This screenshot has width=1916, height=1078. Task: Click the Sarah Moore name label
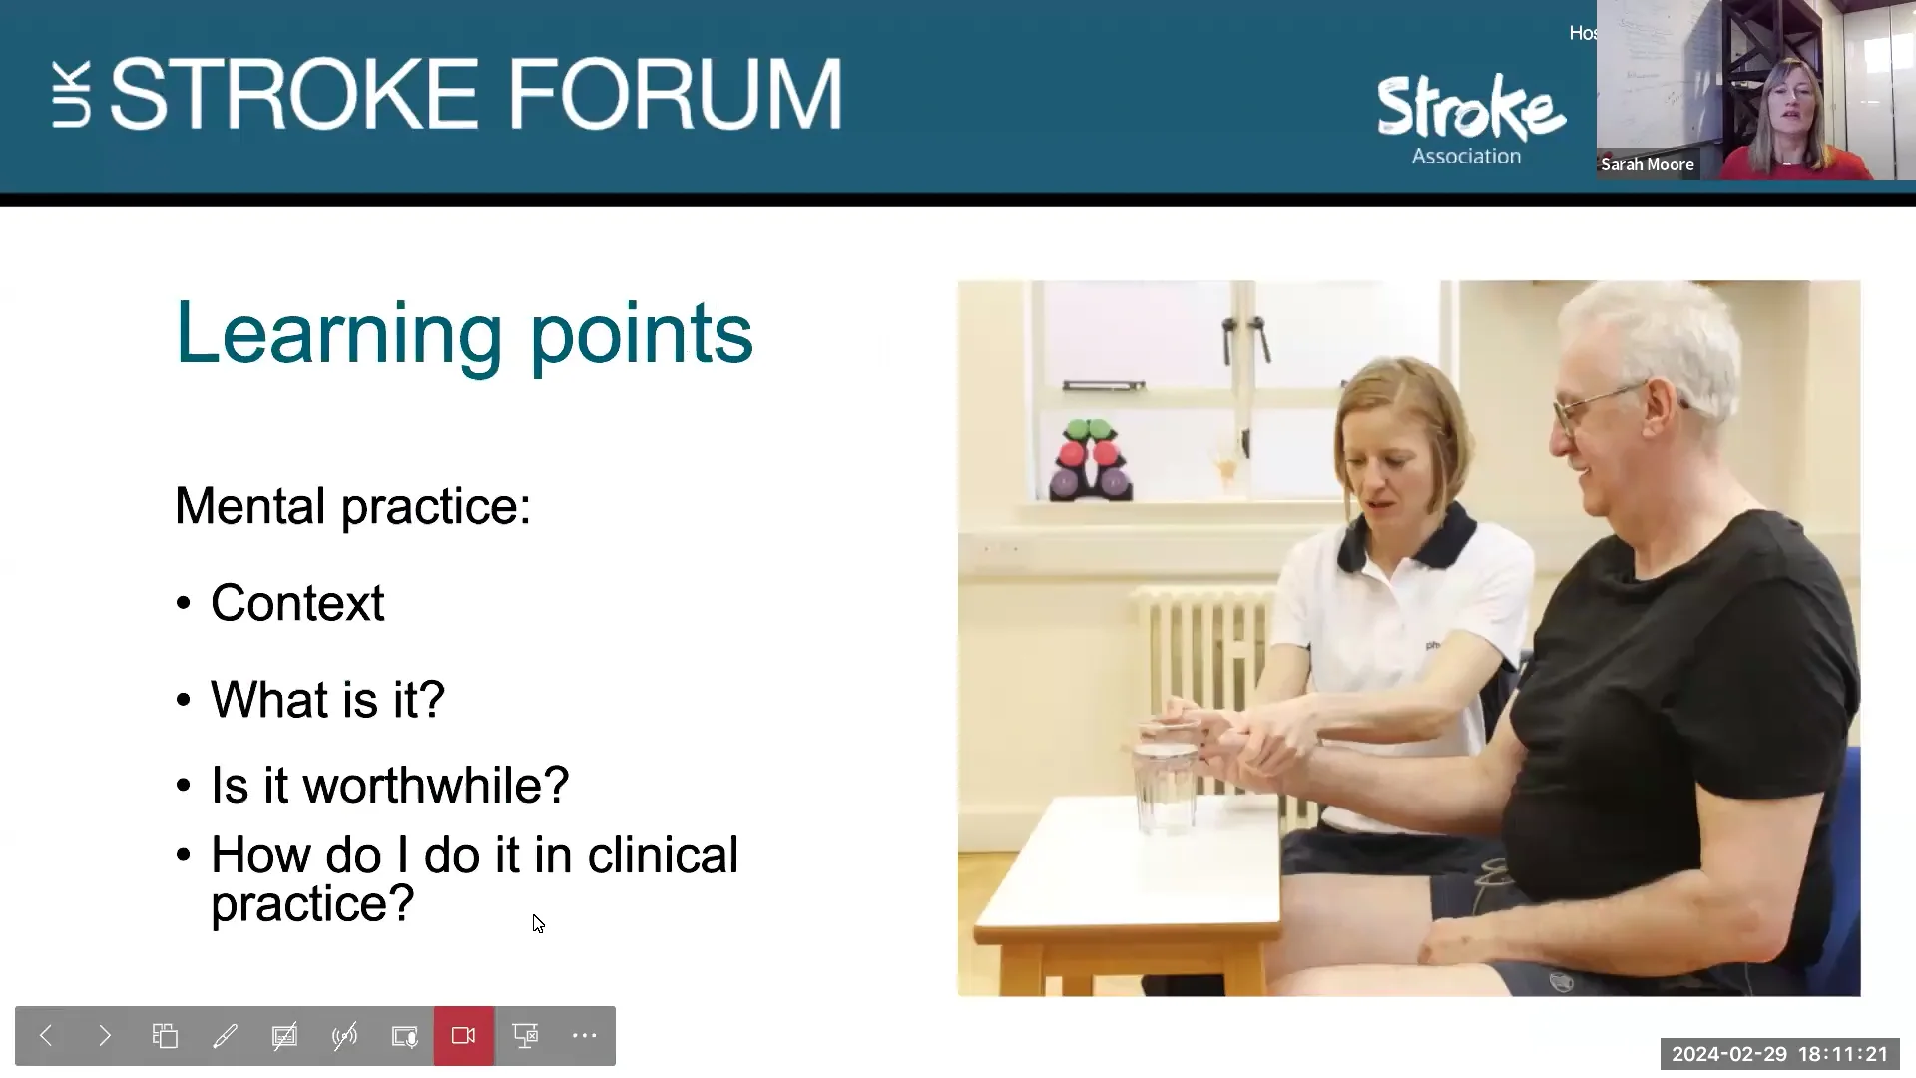[x=1647, y=164]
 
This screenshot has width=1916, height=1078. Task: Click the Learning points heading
[x=463, y=334]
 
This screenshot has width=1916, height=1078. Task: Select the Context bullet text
[x=297, y=603]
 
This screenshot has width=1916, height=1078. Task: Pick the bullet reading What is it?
[x=327, y=699]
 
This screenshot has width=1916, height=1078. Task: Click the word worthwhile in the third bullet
[x=435, y=786]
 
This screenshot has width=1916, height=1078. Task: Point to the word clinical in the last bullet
[x=663, y=855]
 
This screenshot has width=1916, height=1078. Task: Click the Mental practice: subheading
[x=352, y=506]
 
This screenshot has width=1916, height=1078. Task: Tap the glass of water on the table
[x=1164, y=784]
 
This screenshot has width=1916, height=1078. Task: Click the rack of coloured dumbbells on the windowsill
[x=1090, y=461]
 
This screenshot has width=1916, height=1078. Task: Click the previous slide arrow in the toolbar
[x=46, y=1036]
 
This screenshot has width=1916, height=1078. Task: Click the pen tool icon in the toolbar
[x=225, y=1036]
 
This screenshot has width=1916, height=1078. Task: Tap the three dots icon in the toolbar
[x=585, y=1036]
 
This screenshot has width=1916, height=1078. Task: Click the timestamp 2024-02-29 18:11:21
[x=1779, y=1054]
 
